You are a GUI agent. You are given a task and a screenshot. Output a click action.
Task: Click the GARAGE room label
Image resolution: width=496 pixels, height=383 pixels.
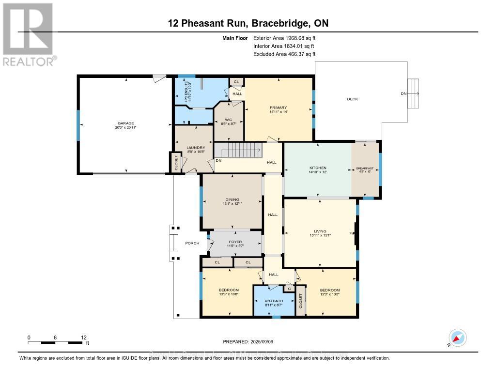point(124,123)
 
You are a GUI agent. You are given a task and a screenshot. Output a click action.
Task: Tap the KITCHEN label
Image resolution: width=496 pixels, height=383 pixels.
point(317,168)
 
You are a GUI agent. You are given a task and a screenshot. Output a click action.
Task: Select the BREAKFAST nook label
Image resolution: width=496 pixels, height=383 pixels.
point(365,169)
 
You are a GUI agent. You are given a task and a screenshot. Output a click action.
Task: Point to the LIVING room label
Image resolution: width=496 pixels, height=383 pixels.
point(320,231)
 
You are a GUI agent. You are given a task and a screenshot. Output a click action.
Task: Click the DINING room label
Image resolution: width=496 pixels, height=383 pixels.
point(232,199)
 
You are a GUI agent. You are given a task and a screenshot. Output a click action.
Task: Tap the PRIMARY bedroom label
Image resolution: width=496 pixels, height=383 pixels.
point(279,108)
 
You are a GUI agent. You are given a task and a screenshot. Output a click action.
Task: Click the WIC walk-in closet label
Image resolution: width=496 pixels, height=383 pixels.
point(228,120)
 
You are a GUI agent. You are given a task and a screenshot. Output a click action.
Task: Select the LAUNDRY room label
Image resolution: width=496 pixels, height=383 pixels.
point(196,148)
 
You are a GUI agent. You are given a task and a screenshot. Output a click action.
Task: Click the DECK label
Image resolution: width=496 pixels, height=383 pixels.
point(352,99)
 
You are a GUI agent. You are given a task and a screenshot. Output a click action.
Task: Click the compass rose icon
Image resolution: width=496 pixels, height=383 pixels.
point(457,338)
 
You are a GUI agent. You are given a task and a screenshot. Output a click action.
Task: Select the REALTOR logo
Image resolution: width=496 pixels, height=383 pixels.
point(28,34)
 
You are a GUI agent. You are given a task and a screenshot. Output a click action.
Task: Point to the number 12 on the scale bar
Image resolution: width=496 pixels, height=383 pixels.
point(83,337)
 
